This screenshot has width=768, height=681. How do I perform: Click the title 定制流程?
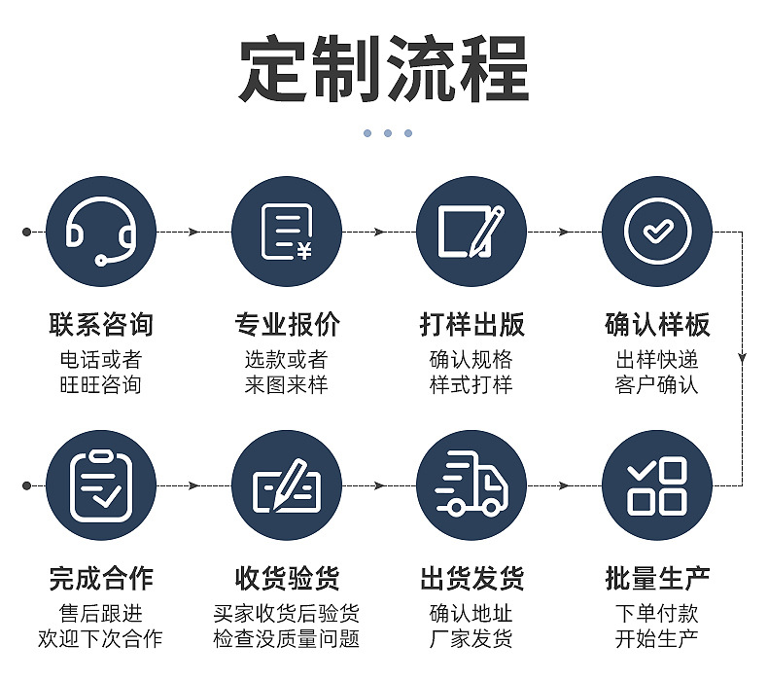click(384, 70)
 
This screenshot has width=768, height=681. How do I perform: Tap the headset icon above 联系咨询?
click(101, 233)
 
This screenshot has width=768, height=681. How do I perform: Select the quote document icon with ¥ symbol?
click(287, 233)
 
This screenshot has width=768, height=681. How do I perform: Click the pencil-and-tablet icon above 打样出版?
click(471, 233)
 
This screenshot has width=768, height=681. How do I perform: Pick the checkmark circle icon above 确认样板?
click(657, 233)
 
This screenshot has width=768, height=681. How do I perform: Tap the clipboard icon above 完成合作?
click(101, 485)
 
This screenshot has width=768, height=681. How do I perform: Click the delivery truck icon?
click(471, 485)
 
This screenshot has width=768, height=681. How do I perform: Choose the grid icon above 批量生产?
click(657, 485)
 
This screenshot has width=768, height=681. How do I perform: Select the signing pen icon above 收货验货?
click(287, 485)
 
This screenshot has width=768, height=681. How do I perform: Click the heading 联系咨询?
click(101, 325)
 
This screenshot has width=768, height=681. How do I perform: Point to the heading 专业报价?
click(287, 325)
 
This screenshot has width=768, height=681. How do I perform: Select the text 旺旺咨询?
click(101, 384)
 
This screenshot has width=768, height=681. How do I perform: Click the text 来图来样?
click(287, 384)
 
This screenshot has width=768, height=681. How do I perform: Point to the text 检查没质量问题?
click(287, 639)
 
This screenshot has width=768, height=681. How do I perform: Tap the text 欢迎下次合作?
click(101, 639)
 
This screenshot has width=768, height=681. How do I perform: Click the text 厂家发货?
click(471, 639)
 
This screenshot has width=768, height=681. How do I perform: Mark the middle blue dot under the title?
click(387, 133)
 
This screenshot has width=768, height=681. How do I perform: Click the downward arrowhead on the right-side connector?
click(743, 358)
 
